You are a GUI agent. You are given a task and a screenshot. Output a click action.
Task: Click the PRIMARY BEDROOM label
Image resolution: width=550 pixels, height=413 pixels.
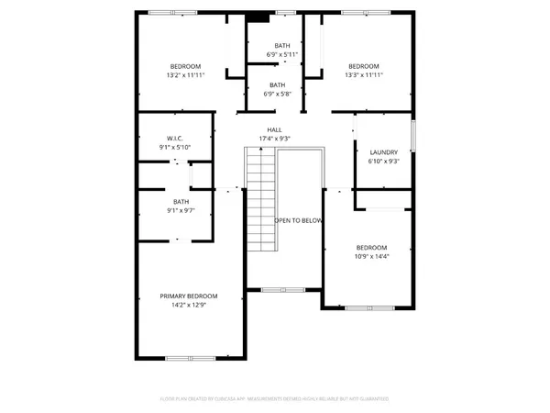click(x=189, y=296)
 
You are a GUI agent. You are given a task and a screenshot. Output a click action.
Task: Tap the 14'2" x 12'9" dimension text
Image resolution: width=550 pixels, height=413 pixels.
click(x=189, y=305)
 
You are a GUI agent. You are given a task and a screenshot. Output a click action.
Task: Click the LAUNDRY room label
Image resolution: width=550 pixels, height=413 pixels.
click(x=383, y=152)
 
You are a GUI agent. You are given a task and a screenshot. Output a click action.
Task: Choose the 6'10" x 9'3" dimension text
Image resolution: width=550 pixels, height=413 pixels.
click(x=383, y=162)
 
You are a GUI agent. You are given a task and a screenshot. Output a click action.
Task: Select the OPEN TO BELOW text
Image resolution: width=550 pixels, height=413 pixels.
click(x=298, y=221)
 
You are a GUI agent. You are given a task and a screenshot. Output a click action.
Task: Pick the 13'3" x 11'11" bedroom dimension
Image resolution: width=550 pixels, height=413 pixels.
click(x=364, y=75)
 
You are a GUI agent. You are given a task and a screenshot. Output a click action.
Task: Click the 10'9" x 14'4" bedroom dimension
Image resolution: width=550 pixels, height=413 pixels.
click(x=371, y=257)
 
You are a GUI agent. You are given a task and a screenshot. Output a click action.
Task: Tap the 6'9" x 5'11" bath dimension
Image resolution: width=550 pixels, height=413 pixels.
click(x=282, y=54)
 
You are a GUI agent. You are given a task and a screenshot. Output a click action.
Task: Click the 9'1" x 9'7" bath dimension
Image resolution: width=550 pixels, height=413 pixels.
click(x=181, y=211)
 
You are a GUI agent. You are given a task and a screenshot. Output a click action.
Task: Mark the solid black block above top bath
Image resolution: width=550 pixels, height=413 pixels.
click(x=259, y=16)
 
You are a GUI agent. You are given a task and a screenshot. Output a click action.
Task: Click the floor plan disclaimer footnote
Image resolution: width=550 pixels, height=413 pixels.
click(x=275, y=399)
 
